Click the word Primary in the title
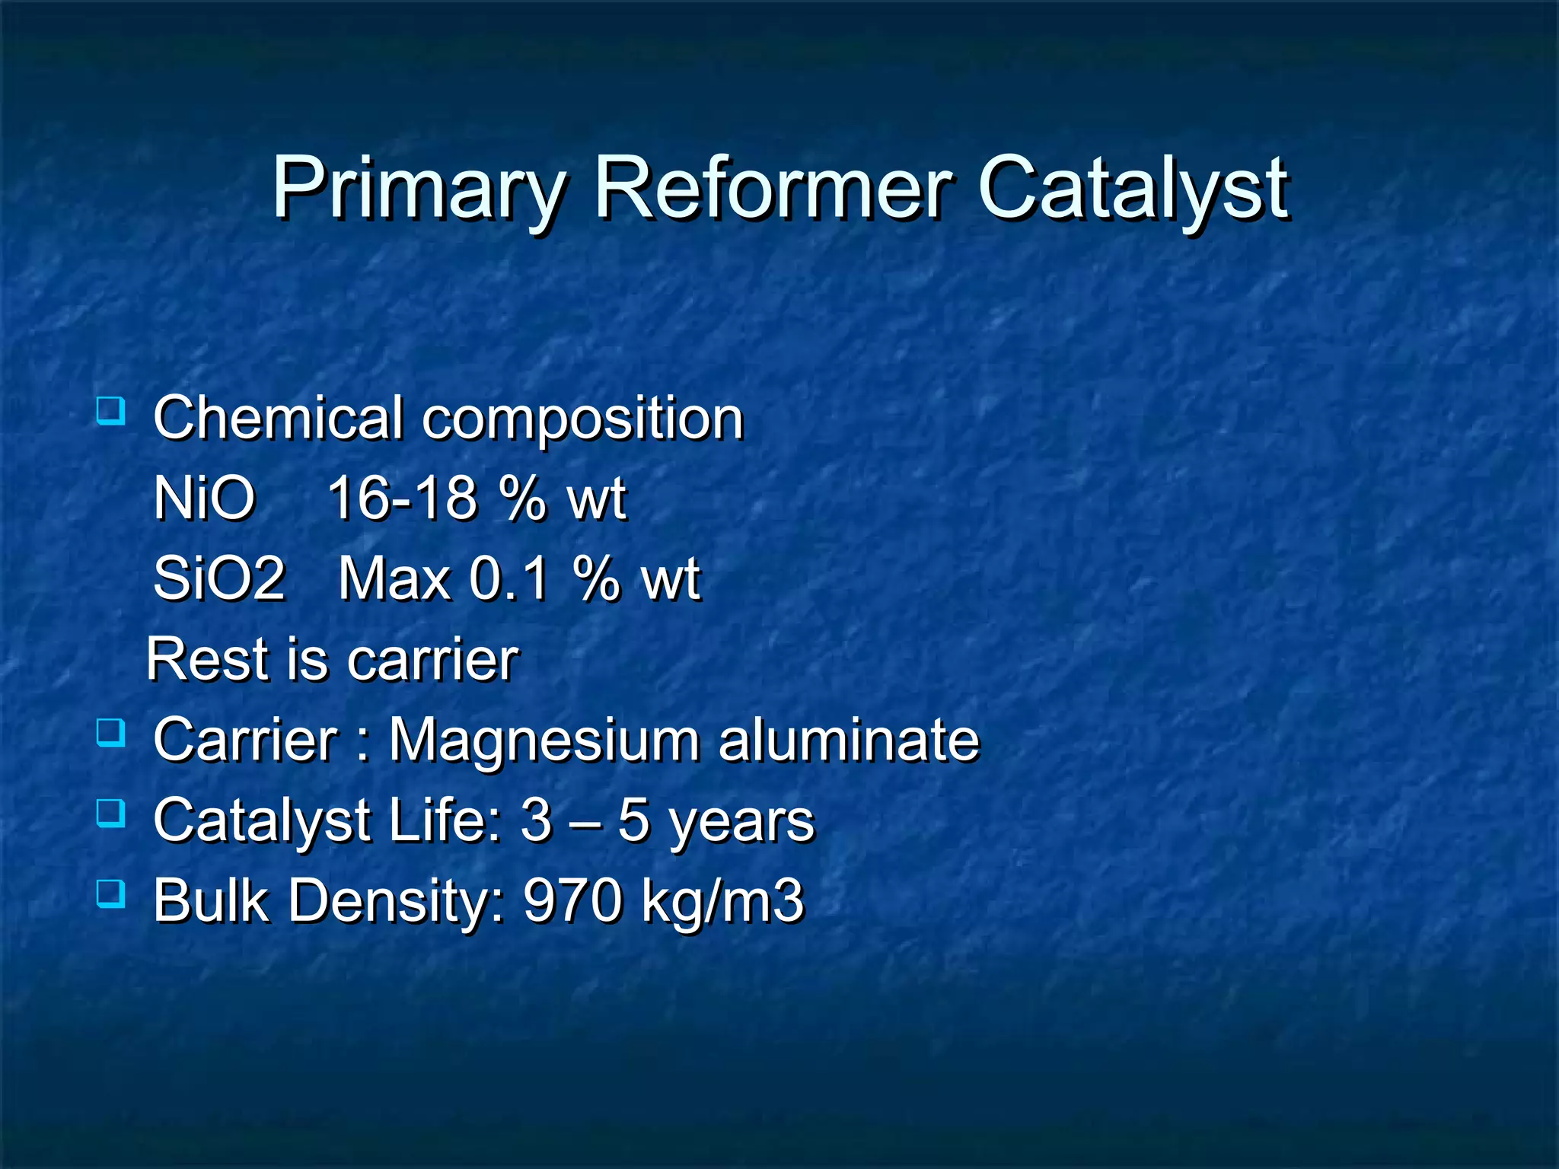pyautogui.click(x=419, y=188)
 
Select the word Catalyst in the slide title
pyautogui.click(x=1133, y=188)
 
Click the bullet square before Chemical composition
pyautogui.click(x=111, y=412)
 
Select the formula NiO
pyautogui.click(x=204, y=498)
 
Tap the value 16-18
pyautogui.click(x=402, y=498)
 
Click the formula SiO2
pyautogui.click(x=219, y=578)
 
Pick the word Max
pyautogui.click(x=394, y=578)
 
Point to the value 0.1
pyautogui.click(x=509, y=578)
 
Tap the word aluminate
pyautogui.click(x=849, y=739)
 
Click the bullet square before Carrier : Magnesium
pyautogui.click(x=111, y=733)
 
